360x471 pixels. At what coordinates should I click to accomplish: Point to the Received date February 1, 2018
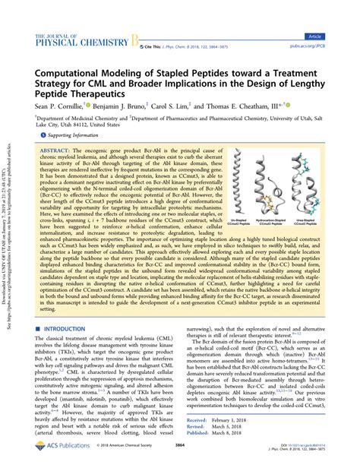click(x=242, y=419)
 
